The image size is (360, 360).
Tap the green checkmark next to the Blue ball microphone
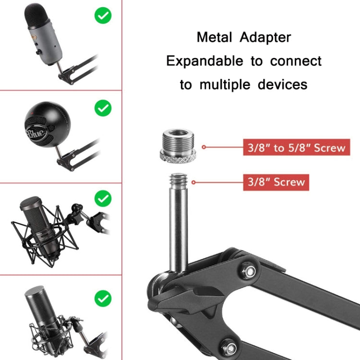click(102, 108)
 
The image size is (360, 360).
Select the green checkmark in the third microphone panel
click(102, 198)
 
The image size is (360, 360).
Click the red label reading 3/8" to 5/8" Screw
click(296, 147)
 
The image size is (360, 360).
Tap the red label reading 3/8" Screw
click(276, 182)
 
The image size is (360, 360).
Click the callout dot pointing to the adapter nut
click(204, 147)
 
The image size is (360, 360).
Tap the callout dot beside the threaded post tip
click(193, 182)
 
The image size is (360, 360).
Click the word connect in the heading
click(296, 61)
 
